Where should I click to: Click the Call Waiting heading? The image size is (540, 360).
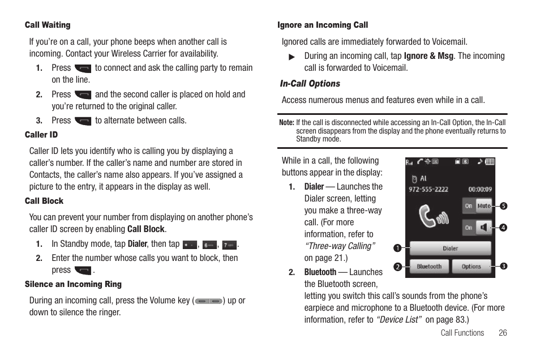(48, 25)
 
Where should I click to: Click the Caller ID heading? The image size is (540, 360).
(41, 135)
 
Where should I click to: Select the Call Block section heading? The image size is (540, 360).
(44, 201)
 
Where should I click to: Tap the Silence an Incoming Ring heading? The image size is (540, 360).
(73, 284)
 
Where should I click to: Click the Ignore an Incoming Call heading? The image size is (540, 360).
(323, 25)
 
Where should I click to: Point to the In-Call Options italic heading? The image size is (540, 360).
(310, 84)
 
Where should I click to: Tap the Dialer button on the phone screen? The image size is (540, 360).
(450, 248)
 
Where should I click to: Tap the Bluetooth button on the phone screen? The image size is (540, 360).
(429, 267)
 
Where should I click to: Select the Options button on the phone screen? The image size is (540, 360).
(471, 267)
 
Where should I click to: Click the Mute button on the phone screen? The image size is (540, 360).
(484, 206)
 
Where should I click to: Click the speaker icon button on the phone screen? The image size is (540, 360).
(484, 228)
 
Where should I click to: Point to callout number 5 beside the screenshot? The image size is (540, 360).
(503, 205)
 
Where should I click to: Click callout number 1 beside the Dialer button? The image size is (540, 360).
(398, 248)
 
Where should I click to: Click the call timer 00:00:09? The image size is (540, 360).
(480, 190)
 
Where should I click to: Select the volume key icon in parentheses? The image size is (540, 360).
(208, 302)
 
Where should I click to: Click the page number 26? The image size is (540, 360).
(503, 333)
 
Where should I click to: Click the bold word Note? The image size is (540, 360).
(286, 122)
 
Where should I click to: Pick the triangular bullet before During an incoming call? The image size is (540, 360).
(292, 57)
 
